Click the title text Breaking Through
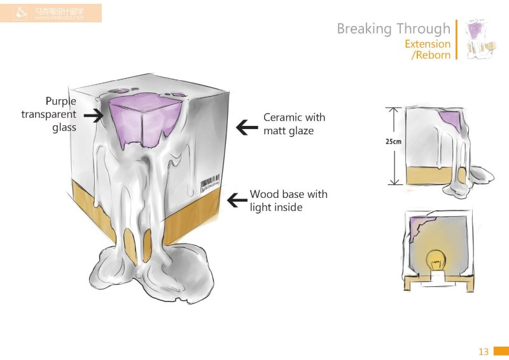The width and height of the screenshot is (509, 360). click(393, 29)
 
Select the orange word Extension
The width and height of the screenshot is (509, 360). click(428, 44)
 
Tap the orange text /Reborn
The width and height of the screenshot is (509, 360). click(431, 55)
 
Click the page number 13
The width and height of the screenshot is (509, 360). click(483, 352)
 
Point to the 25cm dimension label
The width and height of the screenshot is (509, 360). click(393, 142)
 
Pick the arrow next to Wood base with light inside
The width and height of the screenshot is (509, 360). click(237, 200)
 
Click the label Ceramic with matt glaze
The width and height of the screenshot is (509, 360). click(294, 124)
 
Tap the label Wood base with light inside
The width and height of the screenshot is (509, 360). click(288, 200)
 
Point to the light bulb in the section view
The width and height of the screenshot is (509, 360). click(436, 258)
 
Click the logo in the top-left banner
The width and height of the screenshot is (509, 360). click(22, 11)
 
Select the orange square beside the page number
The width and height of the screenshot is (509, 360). click(501, 352)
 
